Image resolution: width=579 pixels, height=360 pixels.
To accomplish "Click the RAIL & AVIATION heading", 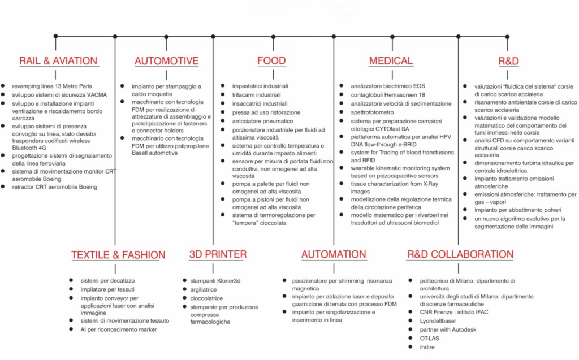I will pos(58,61).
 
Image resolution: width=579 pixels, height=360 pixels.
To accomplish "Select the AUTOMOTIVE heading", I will pos(166,61).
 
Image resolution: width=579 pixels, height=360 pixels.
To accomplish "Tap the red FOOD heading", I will pos(271,61).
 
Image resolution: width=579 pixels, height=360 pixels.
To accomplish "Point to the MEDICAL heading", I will pos(391,61).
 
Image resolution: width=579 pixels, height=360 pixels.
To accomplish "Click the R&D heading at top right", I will pos(508,61).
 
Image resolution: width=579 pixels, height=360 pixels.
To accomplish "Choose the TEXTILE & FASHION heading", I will pos(118,255).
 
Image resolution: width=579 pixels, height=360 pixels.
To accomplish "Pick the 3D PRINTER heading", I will pos(218,254).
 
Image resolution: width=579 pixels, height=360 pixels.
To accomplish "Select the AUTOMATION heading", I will pos(334,254).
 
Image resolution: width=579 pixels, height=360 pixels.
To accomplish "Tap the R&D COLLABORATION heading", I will pos(460,254).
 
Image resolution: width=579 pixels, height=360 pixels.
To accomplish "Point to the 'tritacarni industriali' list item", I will pos(256,94).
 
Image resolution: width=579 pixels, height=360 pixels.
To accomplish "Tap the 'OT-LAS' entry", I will pos(430,338).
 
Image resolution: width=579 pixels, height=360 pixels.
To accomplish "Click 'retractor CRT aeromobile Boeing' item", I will pos(55,187).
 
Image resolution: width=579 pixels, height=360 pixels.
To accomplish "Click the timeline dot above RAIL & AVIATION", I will pos(55,36).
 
